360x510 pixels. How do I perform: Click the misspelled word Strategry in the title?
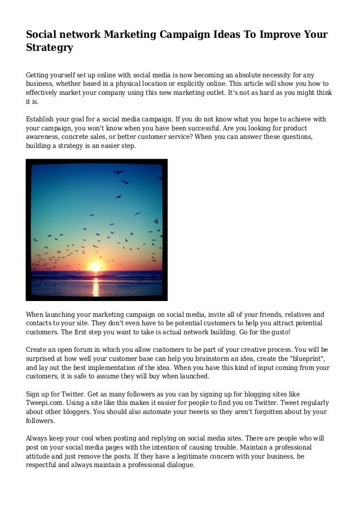pyautogui.click(x=50, y=48)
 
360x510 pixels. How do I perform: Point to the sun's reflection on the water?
pyautogui.click(x=96, y=287)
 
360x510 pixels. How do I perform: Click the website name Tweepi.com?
pyautogui.click(x=47, y=402)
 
